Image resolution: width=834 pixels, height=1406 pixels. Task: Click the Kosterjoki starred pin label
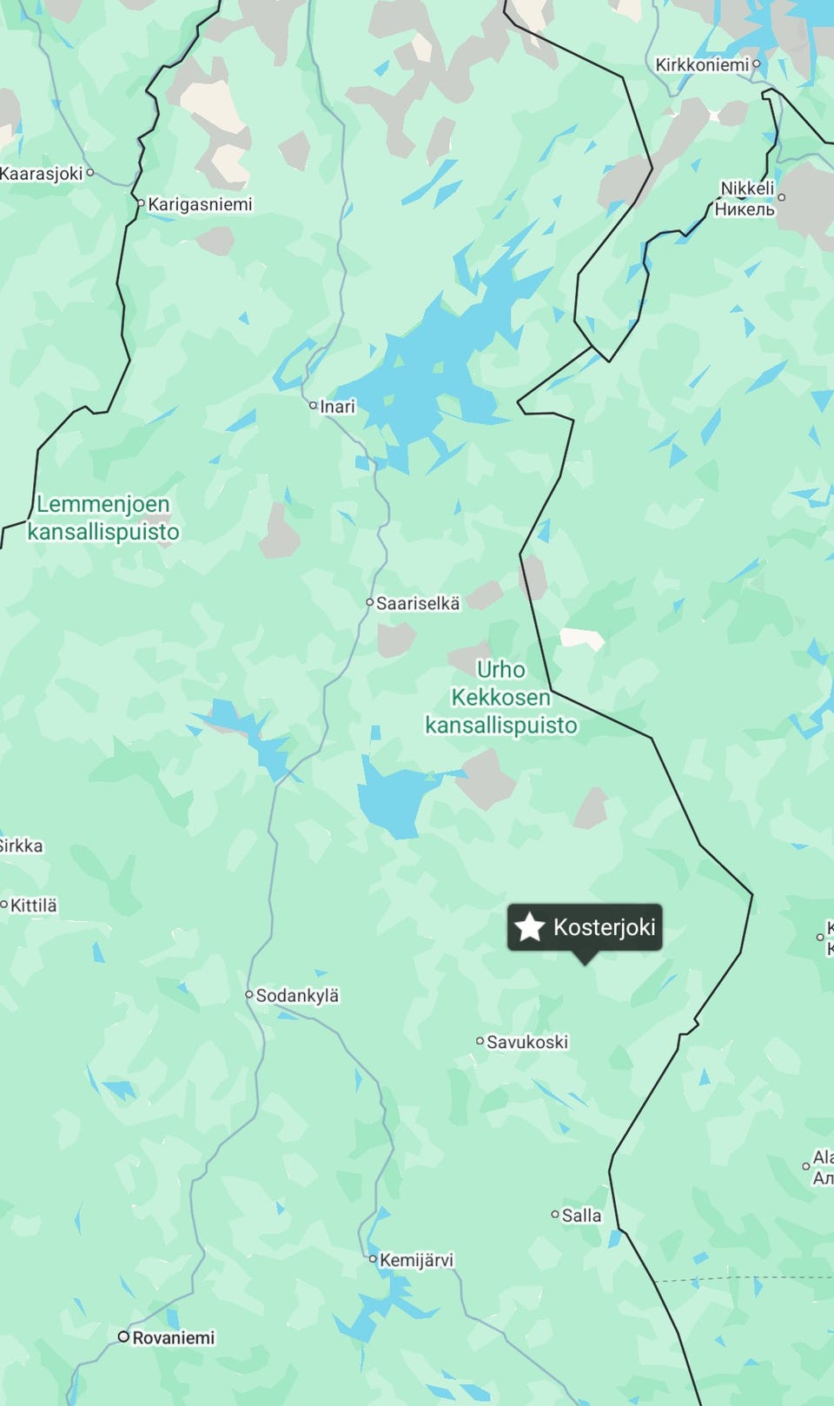(x=603, y=927)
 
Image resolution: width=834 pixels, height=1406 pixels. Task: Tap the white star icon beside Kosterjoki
(x=529, y=927)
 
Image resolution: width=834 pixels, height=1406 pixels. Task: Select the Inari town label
(x=338, y=406)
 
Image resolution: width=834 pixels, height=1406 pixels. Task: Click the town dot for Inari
(x=314, y=405)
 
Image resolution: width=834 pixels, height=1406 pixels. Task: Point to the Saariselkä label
(x=418, y=603)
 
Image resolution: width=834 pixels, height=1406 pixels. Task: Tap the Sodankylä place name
(x=297, y=995)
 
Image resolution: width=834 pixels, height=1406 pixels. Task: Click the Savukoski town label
(x=527, y=1041)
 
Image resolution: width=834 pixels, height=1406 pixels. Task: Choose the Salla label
(x=581, y=1215)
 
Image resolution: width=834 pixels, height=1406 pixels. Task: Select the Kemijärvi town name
(x=416, y=1259)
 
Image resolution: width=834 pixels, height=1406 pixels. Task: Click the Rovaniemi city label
(x=174, y=1337)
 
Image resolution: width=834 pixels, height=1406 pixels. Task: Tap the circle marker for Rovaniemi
(x=124, y=1336)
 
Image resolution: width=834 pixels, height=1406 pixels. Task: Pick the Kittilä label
(x=34, y=905)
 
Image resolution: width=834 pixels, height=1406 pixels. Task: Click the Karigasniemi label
(x=200, y=204)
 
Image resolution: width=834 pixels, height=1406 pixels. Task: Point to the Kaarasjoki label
(x=41, y=173)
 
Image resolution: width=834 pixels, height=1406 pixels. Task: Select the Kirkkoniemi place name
(x=702, y=64)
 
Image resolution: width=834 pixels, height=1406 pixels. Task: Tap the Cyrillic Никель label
(x=745, y=209)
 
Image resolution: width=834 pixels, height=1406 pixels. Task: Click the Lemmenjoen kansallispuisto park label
(x=103, y=518)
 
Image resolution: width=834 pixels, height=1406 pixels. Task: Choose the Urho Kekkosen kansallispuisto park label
(x=501, y=697)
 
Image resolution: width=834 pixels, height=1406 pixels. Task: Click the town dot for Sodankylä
(x=249, y=995)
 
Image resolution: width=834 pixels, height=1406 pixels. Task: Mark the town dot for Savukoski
(x=480, y=1040)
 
